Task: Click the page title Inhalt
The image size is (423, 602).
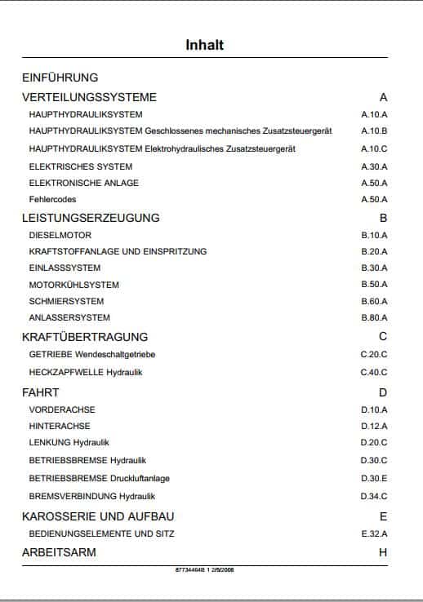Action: (x=204, y=45)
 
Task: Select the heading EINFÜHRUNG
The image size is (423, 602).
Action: (x=60, y=78)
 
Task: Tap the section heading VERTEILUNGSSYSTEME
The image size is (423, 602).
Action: (x=89, y=97)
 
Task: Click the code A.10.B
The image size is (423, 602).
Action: (x=374, y=131)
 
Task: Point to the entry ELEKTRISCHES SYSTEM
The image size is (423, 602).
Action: (x=74, y=166)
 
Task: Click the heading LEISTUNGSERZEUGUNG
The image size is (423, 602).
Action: (x=91, y=218)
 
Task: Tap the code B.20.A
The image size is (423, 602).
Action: (x=374, y=252)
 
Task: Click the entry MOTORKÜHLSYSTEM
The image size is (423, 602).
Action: (x=74, y=285)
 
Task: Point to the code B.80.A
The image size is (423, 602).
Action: (x=374, y=317)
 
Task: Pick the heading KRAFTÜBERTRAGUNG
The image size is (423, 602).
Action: (x=85, y=336)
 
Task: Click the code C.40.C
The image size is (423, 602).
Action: (x=374, y=372)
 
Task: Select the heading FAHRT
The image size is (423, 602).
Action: (x=40, y=392)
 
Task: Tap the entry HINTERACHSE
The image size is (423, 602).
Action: (x=60, y=426)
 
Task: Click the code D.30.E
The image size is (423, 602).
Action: (x=374, y=478)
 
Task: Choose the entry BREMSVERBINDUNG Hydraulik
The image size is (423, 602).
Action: (x=92, y=496)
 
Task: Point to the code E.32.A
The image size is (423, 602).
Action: (x=374, y=534)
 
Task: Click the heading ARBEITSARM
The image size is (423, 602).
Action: (x=59, y=552)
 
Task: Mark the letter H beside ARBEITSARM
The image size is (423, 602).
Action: (x=383, y=552)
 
